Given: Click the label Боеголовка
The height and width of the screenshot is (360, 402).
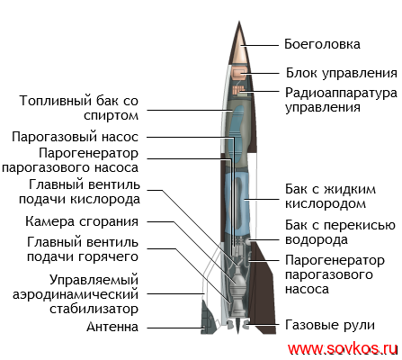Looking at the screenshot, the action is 322,44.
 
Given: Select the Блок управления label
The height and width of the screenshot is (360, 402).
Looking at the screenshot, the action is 342,73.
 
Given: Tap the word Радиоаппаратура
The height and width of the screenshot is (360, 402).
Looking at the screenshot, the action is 341,94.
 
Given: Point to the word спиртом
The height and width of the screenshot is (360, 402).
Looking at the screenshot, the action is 111,116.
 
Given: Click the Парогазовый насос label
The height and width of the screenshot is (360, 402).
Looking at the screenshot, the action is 75,137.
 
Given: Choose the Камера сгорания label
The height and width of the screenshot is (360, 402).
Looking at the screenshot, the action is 82,222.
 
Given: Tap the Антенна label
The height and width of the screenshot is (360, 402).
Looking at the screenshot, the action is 112,327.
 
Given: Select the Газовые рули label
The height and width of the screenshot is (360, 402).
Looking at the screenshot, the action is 330,325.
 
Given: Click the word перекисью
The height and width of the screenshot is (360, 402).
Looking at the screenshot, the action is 360,225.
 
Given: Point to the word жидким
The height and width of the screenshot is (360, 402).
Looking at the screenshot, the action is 350,190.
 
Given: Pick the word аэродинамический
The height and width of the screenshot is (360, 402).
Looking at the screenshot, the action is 76,294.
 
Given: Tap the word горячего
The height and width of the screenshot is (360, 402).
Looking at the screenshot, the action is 108,257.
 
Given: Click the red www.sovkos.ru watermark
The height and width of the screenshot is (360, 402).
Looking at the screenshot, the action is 343,349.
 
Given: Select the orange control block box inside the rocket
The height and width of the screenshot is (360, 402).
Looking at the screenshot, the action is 239,74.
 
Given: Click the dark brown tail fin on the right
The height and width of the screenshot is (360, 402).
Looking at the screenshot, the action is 264,288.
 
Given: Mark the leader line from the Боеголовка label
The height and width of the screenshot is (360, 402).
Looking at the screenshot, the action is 260,46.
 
